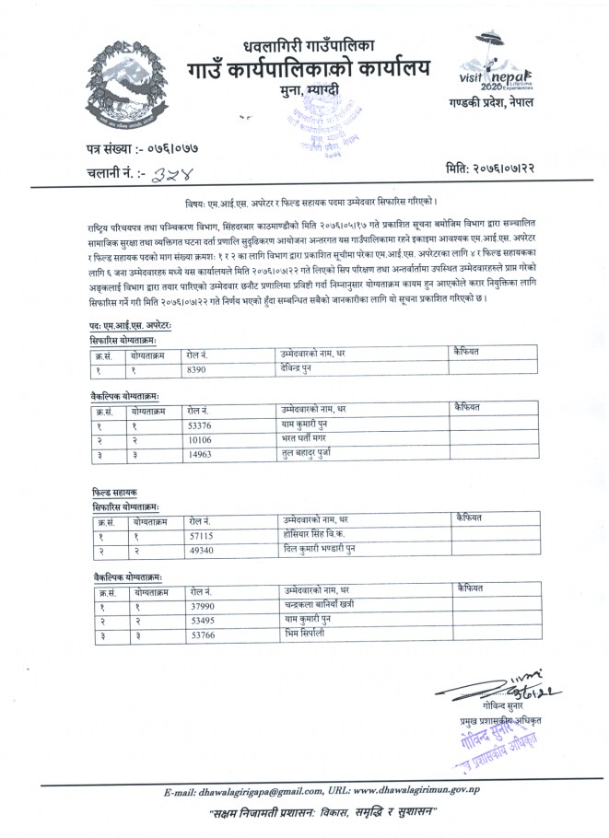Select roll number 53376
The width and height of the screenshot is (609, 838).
[201, 426]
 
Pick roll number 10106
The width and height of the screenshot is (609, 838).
[200, 440]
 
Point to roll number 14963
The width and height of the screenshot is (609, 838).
[200, 454]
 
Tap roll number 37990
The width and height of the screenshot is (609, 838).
[203, 606]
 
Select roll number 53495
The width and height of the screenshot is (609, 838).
[203, 621]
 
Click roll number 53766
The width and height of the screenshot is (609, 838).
[203, 635]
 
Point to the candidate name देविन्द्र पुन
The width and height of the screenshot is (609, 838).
[305, 367]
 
